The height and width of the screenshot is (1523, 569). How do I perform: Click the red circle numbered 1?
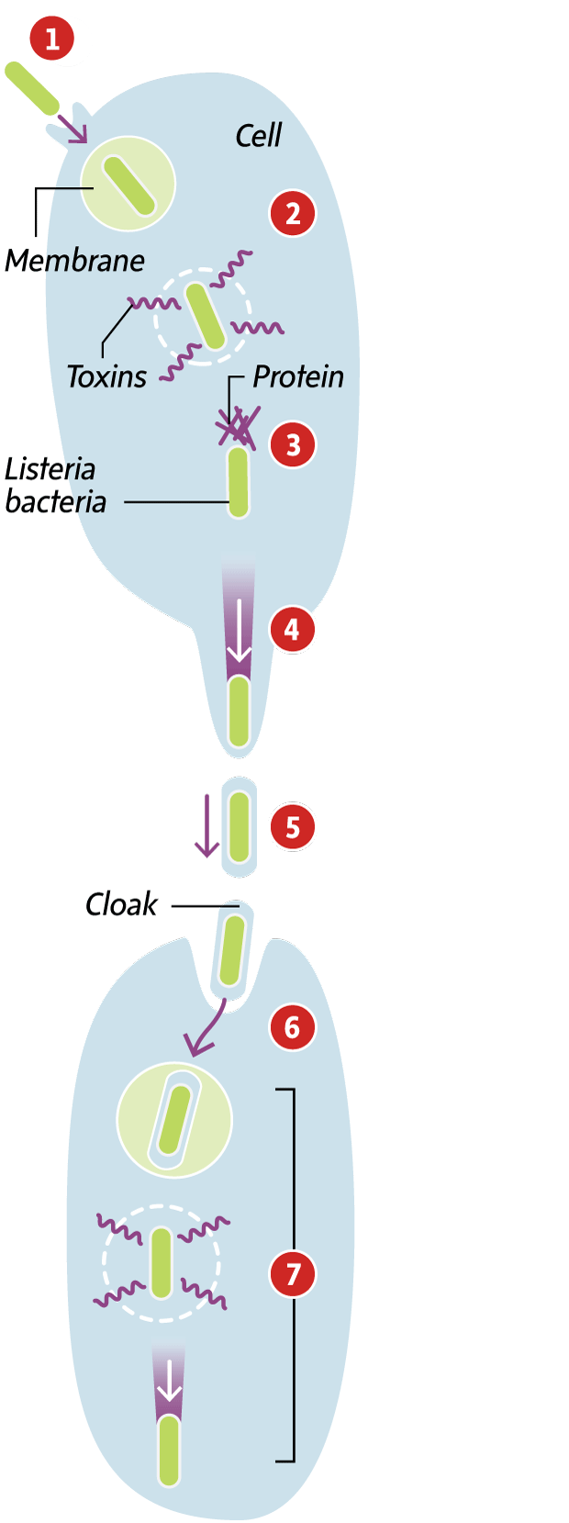click(x=51, y=39)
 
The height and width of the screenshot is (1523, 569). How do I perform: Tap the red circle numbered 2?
click(x=293, y=214)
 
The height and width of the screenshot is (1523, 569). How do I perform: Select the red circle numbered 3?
click(x=293, y=445)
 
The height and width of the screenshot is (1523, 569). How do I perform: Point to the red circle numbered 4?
click(x=293, y=630)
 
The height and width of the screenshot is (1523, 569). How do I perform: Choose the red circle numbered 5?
click(x=293, y=826)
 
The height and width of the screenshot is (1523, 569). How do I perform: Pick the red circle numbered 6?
click(x=293, y=1026)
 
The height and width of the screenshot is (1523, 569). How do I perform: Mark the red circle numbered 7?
click(x=293, y=1273)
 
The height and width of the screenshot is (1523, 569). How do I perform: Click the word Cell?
click(x=258, y=136)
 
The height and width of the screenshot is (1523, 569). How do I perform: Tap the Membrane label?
click(x=74, y=261)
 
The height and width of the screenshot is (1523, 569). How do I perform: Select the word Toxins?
click(x=106, y=376)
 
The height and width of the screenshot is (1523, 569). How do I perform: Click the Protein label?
click(x=298, y=376)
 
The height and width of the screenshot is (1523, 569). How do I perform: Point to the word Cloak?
click(x=121, y=905)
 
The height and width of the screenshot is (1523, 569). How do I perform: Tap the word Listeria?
click(x=50, y=469)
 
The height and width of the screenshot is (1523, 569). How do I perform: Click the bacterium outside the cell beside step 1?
click(x=32, y=88)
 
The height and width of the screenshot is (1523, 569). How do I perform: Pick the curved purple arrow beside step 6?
click(x=206, y=1030)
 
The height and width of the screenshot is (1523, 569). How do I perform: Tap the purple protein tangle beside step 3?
click(x=235, y=428)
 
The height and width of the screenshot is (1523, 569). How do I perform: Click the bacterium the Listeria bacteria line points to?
click(x=239, y=482)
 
